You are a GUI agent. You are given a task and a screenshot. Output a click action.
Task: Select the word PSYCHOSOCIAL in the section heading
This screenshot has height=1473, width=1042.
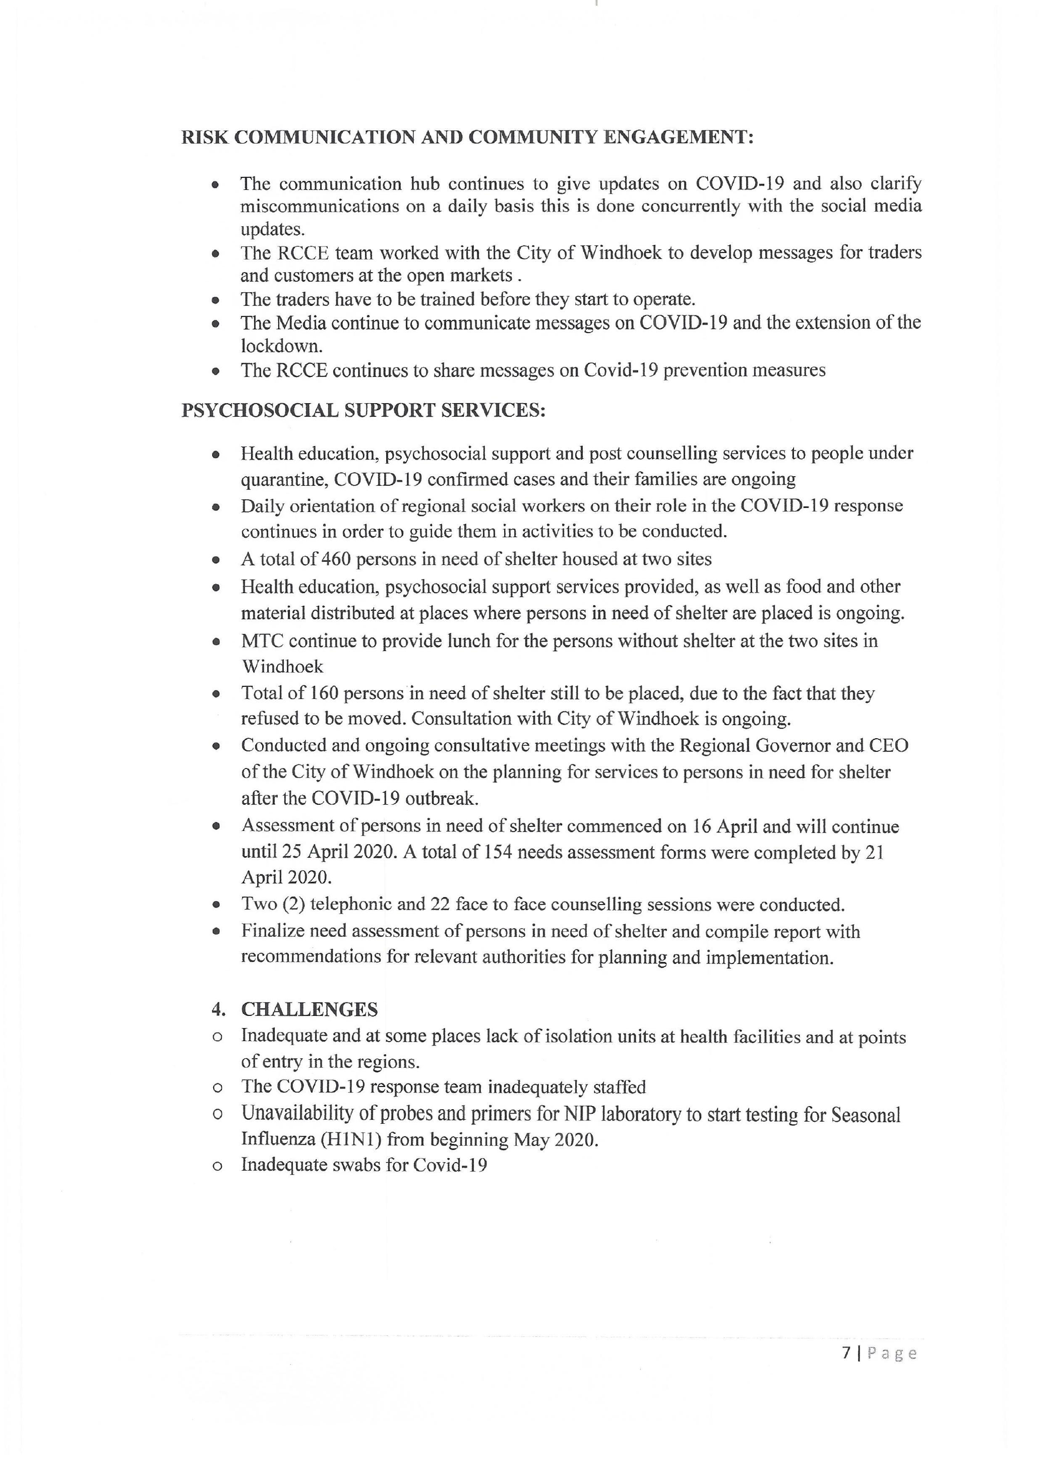259,411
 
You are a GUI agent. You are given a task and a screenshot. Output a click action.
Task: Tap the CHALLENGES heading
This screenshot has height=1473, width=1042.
309,1009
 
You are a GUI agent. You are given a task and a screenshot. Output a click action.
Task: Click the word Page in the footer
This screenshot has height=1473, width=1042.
892,1353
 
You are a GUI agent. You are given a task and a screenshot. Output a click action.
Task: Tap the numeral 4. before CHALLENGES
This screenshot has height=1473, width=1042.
218,1009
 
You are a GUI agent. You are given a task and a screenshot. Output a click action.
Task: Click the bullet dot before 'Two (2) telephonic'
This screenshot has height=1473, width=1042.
217,905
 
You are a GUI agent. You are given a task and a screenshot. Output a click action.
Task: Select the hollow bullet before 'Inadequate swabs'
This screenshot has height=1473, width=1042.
217,1166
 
